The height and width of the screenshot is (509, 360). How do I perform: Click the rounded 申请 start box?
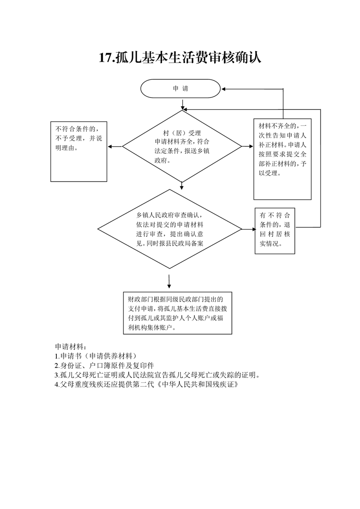coord(180,88)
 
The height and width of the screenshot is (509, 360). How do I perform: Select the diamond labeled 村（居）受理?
coord(182,147)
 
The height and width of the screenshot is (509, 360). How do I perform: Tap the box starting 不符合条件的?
coord(79,152)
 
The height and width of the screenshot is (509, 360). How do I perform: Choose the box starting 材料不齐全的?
coord(282,159)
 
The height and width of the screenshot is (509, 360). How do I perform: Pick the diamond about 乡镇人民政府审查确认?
coord(170,229)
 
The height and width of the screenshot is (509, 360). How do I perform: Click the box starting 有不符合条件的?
coord(275,231)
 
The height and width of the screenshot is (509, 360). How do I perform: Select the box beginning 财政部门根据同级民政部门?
coord(178,313)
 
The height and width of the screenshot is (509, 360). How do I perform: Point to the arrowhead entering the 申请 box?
coord(223,89)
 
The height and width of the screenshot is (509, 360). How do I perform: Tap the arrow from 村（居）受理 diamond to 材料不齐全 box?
coord(247,147)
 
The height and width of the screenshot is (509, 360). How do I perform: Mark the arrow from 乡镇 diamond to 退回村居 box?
coord(249,229)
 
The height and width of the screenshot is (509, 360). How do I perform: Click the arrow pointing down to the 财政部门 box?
coord(169,281)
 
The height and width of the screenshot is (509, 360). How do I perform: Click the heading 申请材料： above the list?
coord(70,346)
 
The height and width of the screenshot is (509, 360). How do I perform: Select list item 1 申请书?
coord(96,356)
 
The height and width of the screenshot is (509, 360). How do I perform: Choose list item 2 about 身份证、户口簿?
coord(104,365)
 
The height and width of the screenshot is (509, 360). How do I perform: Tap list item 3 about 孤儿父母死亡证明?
coord(158,375)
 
